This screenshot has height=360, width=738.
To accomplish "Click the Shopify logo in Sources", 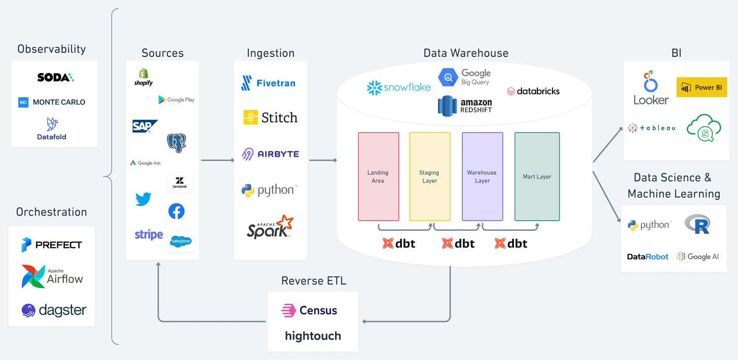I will pyautogui.click(x=143, y=77).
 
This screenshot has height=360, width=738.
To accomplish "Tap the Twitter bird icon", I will pyautogui.click(x=143, y=199).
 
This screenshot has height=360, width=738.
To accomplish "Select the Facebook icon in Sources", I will pyautogui.click(x=176, y=211).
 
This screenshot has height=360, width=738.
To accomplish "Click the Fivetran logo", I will pyautogui.click(x=269, y=83).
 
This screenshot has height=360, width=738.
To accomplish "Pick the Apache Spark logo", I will pyautogui.click(x=270, y=227).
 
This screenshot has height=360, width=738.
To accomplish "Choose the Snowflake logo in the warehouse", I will pyautogui.click(x=399, y=88).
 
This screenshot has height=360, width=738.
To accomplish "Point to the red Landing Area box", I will pyautogui.click(x=378, y=176).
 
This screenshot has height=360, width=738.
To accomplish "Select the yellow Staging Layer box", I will pyautogui.click(x=429, y=176).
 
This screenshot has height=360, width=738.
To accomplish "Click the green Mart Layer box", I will pyautogui.click(x=537, y=176).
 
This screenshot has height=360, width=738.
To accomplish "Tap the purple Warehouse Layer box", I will pyautogui.click(x=482, y=176).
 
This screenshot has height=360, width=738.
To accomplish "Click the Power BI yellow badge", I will pyautogui.click(x=702, y=87).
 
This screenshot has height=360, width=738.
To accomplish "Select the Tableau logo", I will pyautogui.click(x=651, y=128).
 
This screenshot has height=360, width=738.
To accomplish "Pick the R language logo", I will pyautogui.click(x=697, y=224).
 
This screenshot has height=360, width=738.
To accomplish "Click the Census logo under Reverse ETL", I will pyautogui.click(x=309, y=310).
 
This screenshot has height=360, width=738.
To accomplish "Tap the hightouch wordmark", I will pyautogui.click(x=313, y=336).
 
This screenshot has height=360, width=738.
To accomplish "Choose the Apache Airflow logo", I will pyautogui.click(x=52, y=276).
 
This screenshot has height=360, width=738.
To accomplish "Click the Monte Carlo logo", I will pyautogui.click(x=52, y=102).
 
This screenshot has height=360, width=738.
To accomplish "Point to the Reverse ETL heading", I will pyautogui.click(x=314, y=281).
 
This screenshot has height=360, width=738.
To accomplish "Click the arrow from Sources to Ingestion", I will pyautogui.click(x=217, y=160).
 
